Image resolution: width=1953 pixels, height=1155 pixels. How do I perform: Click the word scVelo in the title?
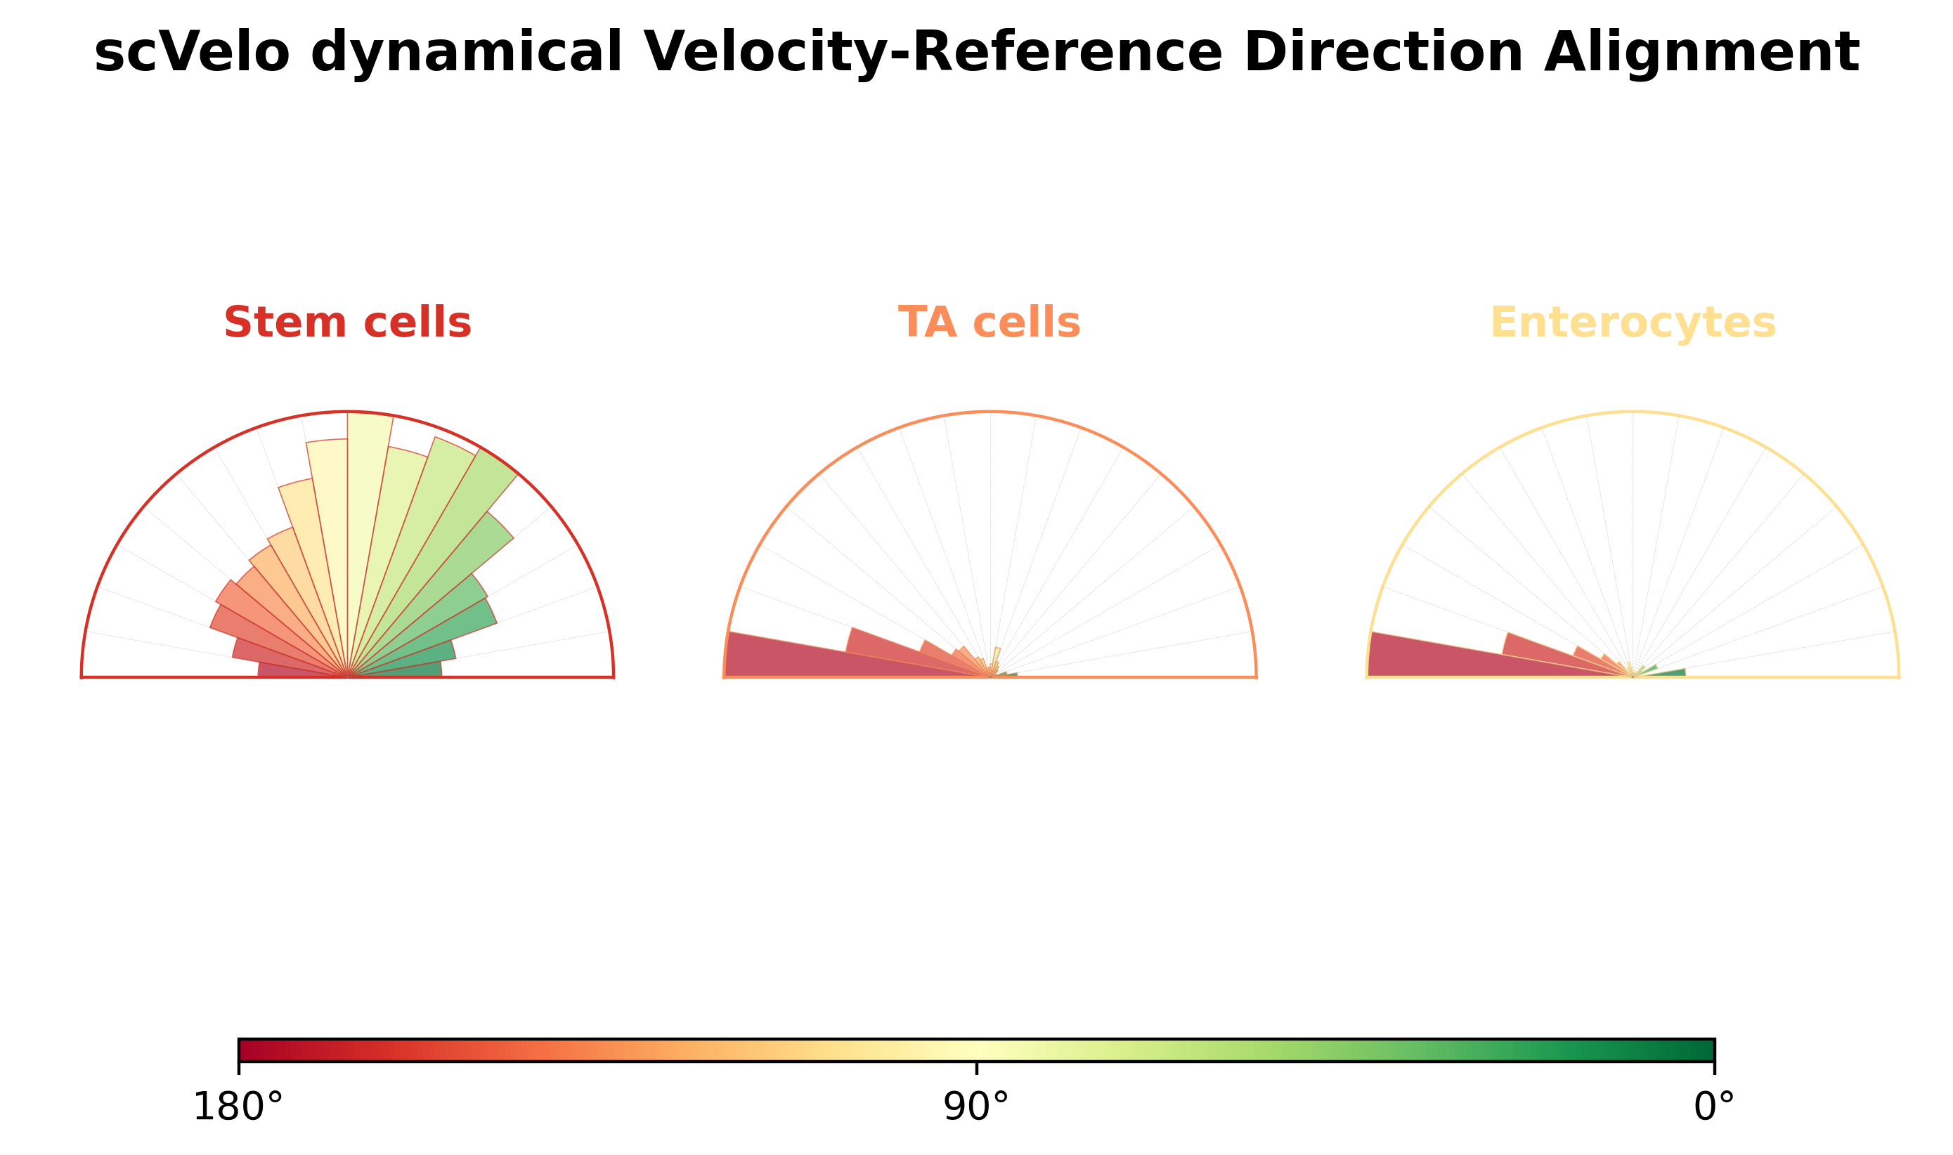pyautogui.click(x=191, y=53)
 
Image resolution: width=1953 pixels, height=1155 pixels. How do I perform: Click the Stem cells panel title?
pyautogui.click(x=347, y=322)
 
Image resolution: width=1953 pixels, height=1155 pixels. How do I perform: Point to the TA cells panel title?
pyautogui.click(x=990, y=322)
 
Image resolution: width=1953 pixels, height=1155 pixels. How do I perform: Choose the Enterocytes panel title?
pyautogui.click(x=1633, y=323)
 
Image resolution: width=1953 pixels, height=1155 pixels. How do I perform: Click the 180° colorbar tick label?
pyautogui.click(x=238, y=1107)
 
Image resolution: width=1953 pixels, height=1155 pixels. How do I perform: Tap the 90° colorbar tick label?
pyautogui.click(x=976, y=1107)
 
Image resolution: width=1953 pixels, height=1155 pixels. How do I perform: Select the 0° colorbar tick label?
pyautogui.click(x=1714, y=1107)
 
